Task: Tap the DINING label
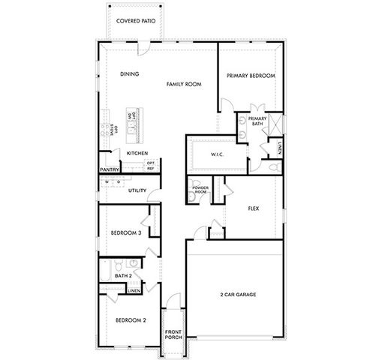pyautogui.click(x=130, y=74)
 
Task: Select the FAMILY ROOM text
pyautogui.click(x=184, y=86)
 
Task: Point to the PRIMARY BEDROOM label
pyautogui.click(x=251, y=76)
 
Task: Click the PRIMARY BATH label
pyautogui.click(x=257, y=121)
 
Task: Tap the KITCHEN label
pyautogui.click(x=137, y=153)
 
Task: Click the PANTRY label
pyautogui.click(x=110, y=169)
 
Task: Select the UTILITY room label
pyautogui.click(x=137, y=190)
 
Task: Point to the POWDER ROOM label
pyautogui.click(x=200, y=190)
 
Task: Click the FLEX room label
pyautogui.click(x=253, y=208)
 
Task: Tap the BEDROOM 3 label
pyautogui.click(x=126, y=233)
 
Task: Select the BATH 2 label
pyautogui.click(x=124, y=276)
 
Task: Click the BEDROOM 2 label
pyautogui.click(x=130, y=320)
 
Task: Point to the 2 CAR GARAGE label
pyautogui.click(x=238, y=295)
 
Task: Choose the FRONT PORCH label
pyautogui.click(x=173, y=334)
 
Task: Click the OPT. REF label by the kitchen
pyautogui.click(x=151, y=166)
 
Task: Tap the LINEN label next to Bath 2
pyautogui.click(x=134, y=290)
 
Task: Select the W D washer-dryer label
pyautogui.click(x=113, y=181)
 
